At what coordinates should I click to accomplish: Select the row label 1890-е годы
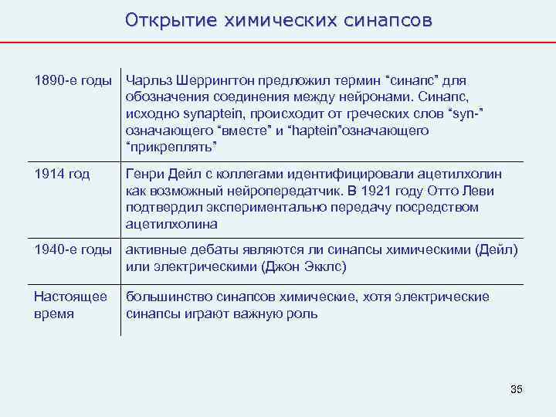(73, 80)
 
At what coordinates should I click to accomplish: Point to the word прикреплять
(173, 147)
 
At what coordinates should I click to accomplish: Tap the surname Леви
(478, 191)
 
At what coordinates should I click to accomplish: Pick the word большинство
(165, 297)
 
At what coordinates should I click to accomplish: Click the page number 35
(517, 388)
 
